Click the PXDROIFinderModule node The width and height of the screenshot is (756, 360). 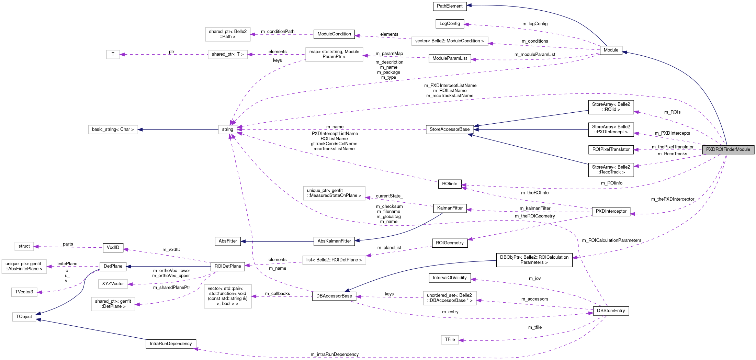[728, 149]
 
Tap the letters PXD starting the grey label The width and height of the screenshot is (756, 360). [710, 149]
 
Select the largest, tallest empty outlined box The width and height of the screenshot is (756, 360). [228, 296]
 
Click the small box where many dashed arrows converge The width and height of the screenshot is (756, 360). [228, 130]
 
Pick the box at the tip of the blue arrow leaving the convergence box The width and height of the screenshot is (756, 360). [113, 130]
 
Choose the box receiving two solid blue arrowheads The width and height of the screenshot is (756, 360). [24, 317]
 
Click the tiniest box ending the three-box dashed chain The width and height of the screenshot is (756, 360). [113, 54]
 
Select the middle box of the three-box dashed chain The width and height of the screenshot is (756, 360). [228, 54]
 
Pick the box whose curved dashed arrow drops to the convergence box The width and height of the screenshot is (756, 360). [334, 55]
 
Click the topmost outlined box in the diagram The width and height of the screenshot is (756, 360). [228, 34]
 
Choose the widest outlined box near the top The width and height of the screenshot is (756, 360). [450, 41]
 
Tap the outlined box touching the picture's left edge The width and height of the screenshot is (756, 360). [24, 267]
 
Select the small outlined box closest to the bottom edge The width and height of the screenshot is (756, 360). [450, 340]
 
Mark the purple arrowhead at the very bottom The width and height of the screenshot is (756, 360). [196, 349]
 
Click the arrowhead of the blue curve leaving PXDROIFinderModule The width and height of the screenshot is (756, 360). [625, 52]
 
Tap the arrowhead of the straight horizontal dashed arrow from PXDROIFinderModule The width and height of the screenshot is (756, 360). [636, 150]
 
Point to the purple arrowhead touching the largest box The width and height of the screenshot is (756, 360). [254, 296]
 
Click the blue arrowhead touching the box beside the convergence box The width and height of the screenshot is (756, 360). [140, 130]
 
